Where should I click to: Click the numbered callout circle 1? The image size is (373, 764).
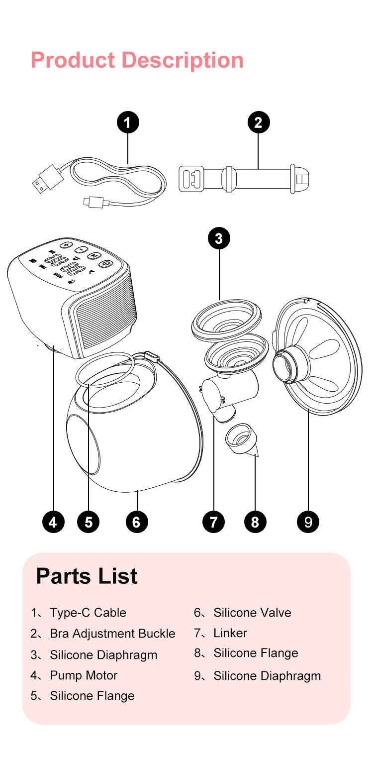(128, 122)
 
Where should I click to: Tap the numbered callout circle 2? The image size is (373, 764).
(258, 122)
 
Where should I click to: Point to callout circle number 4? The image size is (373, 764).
(53, 522)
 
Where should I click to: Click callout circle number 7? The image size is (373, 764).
(214, 522)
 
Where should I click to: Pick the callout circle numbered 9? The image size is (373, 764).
(308, 522)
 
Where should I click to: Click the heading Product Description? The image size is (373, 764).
(137, 60)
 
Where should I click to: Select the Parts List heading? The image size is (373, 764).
(87, 576)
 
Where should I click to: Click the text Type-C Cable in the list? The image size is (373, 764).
(88, 613)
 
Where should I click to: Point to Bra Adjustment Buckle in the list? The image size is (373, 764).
(112, 634)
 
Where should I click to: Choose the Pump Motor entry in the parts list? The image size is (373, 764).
(84, 675)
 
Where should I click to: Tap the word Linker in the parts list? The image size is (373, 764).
(230, 633)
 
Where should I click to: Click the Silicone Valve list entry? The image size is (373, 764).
(252, 613)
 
